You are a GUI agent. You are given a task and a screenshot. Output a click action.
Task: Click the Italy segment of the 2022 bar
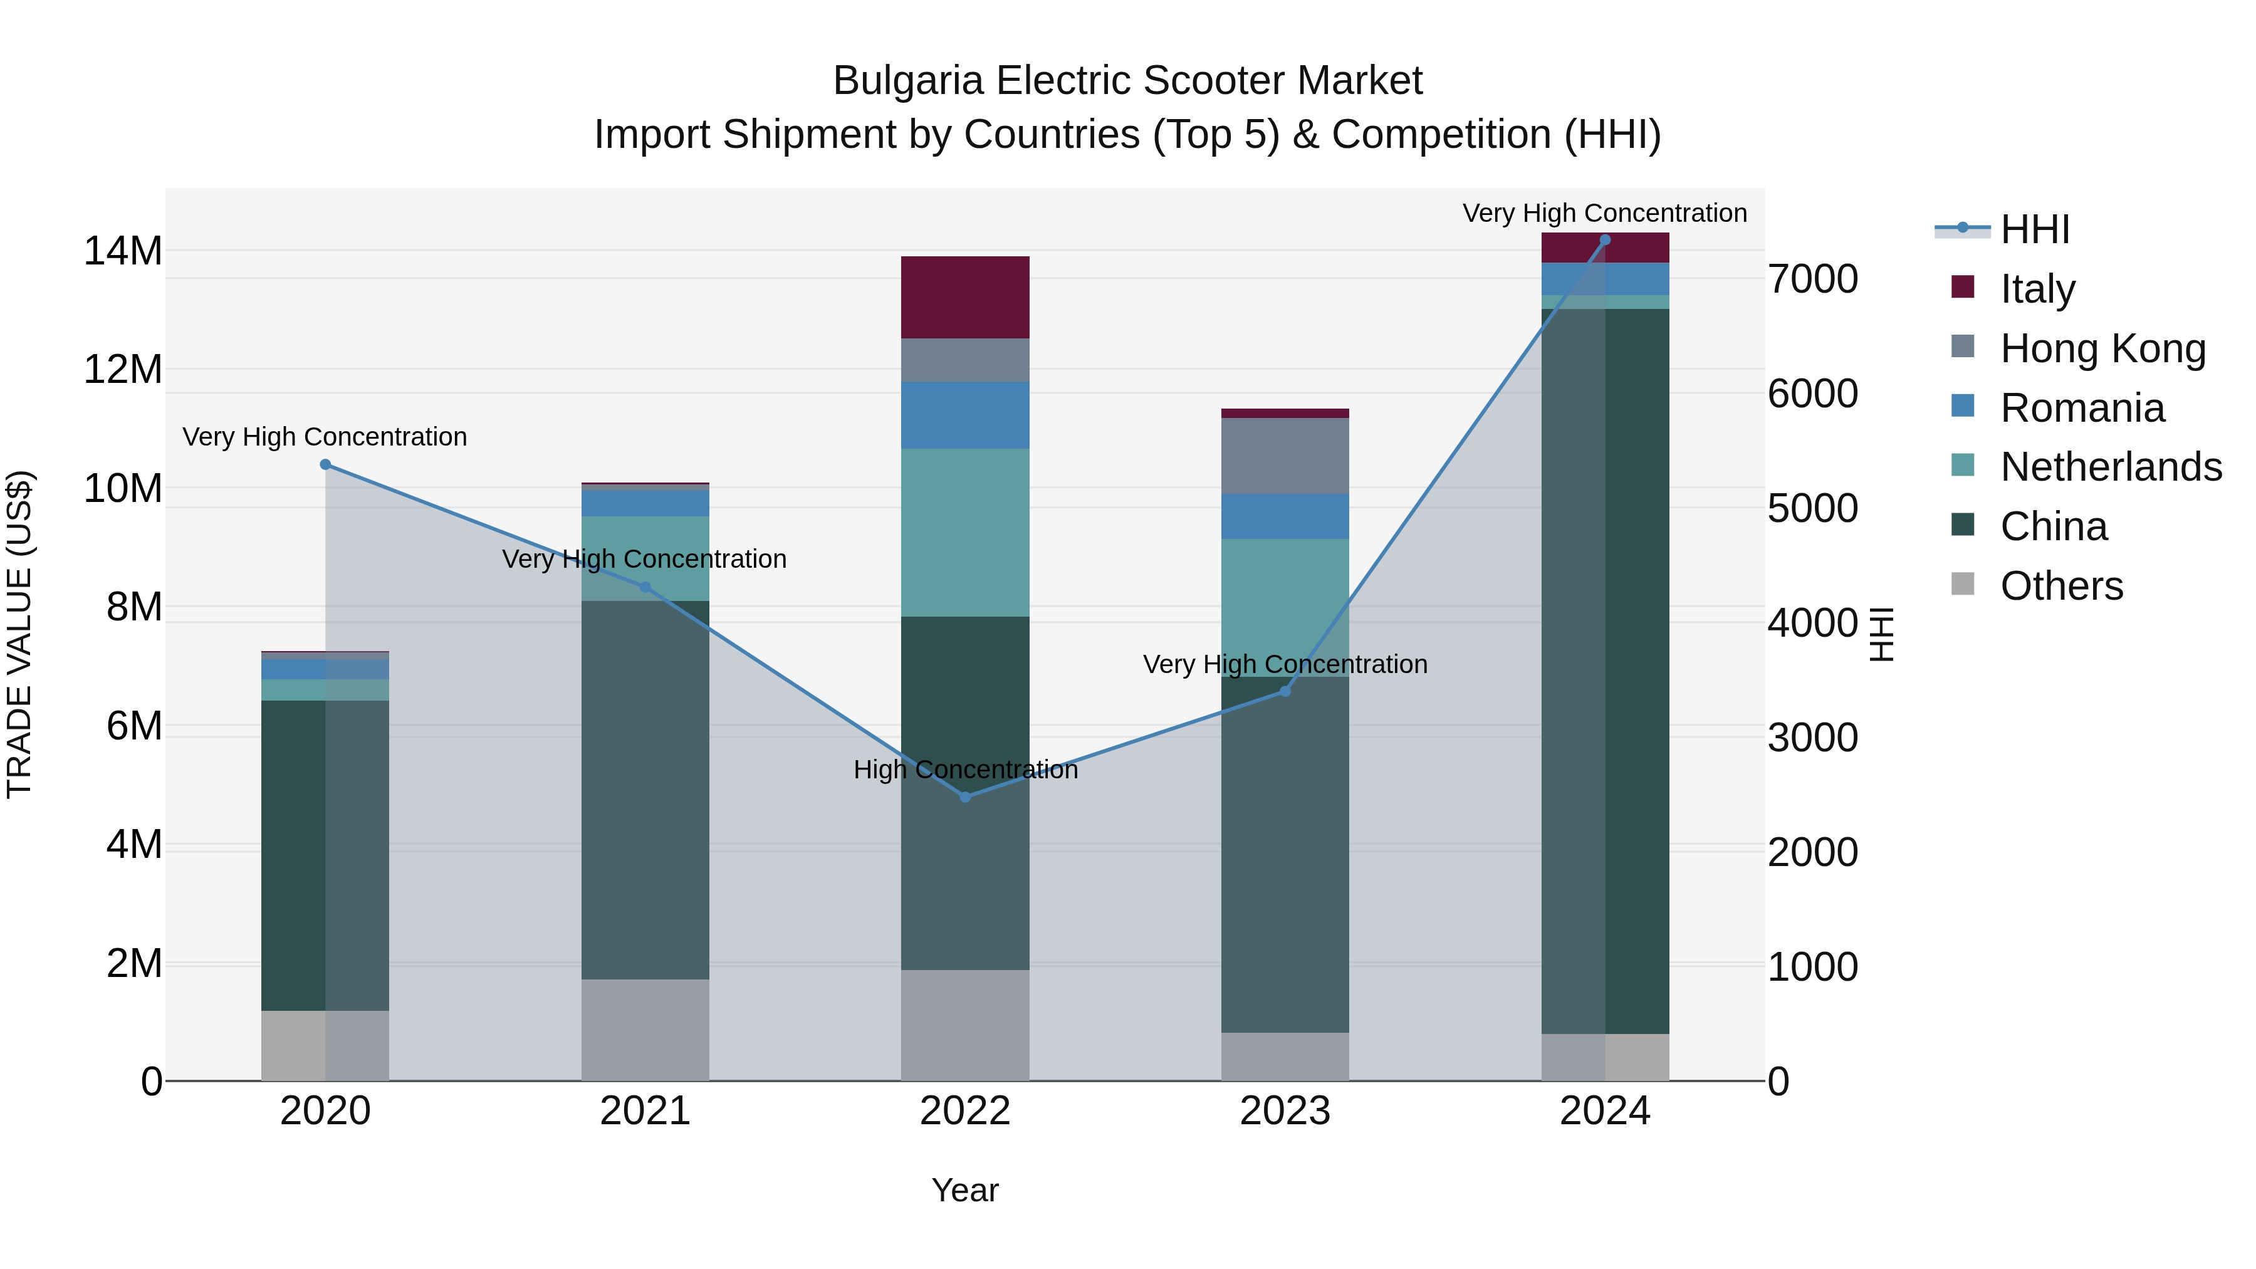pos(965,297)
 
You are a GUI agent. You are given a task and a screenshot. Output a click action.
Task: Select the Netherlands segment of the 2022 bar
pos(965,533)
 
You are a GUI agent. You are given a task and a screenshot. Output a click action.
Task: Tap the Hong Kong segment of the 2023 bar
pos(1285,456)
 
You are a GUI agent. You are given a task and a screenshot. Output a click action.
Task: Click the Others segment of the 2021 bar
pos(645,1029)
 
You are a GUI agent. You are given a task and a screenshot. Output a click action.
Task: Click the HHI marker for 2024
pos(1604,240)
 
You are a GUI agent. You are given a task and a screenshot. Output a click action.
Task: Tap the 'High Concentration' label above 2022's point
pos(965,770)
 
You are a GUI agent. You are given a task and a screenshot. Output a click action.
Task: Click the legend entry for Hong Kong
pos(2102,348)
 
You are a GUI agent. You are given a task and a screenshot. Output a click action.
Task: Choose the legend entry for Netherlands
pos(2111,467)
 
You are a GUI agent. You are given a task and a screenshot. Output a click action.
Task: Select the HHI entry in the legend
pos(2034,229)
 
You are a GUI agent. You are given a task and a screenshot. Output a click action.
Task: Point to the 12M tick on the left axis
pos(123,370)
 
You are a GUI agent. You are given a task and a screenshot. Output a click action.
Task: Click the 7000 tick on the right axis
pos(1812,279)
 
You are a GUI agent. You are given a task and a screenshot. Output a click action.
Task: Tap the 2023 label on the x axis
pos(1285,1111)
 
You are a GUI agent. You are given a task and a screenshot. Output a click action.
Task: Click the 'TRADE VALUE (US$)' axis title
pos(19,634)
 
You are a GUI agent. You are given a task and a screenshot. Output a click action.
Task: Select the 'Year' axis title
pos(965,1190)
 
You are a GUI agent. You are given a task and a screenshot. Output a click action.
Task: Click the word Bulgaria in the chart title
pos(907,81)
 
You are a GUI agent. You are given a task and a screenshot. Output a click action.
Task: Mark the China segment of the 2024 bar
pos(1604,666)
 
